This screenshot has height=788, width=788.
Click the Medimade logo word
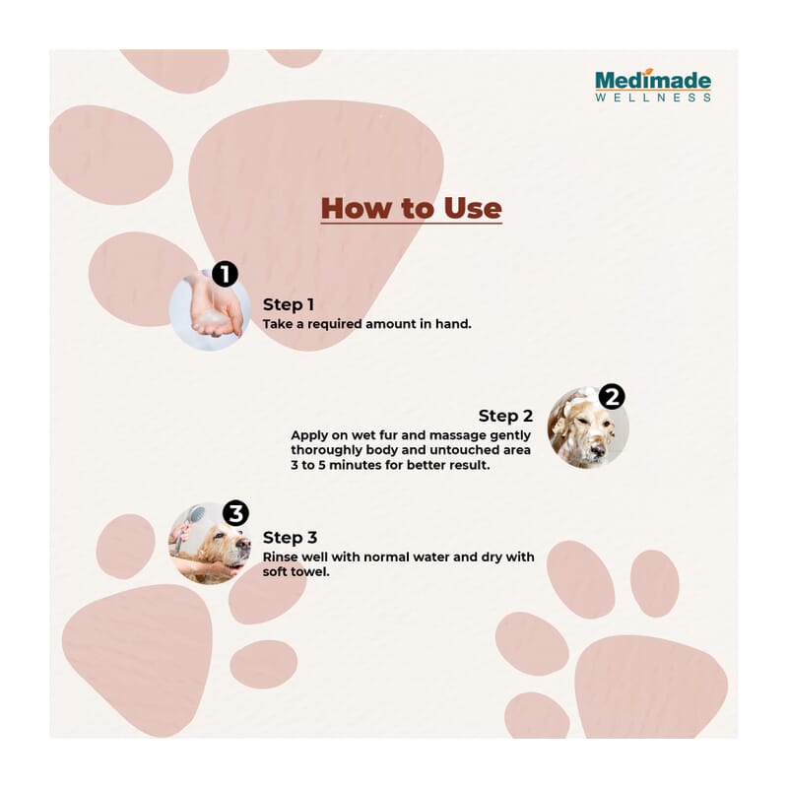[x=653, y=81]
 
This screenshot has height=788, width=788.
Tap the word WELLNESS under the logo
[x=653, y=97]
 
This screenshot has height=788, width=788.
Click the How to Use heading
[x=411, y=208]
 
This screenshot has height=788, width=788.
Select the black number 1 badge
[x=225, y=274]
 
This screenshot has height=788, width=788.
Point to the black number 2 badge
[x=612, y=397]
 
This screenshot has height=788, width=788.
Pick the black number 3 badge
[x=235, y=513]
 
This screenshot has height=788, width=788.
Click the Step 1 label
[x=289, y=304]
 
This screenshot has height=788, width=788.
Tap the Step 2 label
[x=505, y=416]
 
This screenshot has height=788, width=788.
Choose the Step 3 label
[x=290, y=537]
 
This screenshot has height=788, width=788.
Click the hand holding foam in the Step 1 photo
[x=217, y=310]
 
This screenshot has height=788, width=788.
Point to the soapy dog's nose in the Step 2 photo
[x=598, y=449]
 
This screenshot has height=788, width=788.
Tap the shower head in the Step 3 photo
[x=196, y=514]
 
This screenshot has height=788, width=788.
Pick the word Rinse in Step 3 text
[x=280, y=557]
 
